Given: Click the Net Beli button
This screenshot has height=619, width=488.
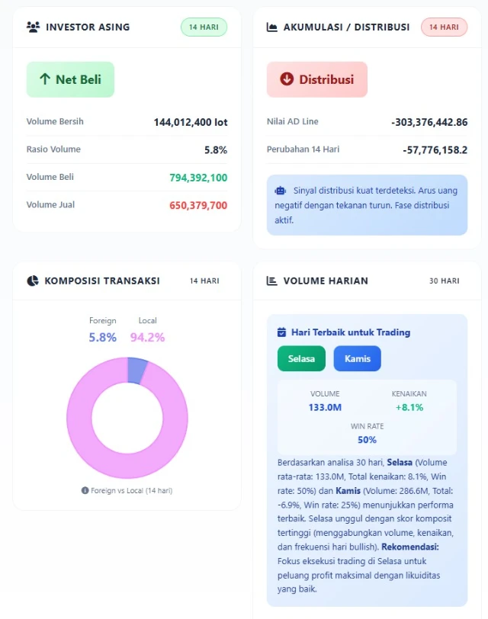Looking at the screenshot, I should pos(70,79).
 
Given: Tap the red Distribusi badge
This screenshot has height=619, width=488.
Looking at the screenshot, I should pos(316,79).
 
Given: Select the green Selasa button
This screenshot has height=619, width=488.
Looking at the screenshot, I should pos(301,358).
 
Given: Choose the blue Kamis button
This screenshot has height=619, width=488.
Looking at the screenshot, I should pos(357,358).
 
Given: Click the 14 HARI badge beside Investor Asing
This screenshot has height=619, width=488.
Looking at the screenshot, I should pos(204,27).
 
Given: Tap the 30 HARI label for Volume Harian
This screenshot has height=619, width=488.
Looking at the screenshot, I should pos(444,281).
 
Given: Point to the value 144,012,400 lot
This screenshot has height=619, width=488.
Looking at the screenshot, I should pos(190,122).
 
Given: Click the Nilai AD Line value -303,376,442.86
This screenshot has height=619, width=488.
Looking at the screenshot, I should pos(429,122).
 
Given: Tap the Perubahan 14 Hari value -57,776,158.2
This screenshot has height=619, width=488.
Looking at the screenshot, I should pos(435,150).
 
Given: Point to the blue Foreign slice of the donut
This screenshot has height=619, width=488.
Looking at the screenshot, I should pos(136,370).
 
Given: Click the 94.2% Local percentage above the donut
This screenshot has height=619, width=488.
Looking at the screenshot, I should pos(147,337).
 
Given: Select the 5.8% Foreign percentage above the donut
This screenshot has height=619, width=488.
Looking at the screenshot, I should pos(103,337).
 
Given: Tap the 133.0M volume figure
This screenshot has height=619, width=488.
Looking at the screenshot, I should pos(325,407).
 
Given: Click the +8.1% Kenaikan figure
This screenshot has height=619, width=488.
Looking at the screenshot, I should pos(409,407).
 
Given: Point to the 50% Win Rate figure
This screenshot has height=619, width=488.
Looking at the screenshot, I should pos(367,439).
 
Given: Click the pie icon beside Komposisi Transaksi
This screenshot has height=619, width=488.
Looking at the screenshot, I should pos(32,281).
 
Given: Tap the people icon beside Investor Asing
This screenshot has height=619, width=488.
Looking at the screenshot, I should pos(33,27).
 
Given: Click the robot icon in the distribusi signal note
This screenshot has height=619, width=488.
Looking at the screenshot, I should pos(280,191).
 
